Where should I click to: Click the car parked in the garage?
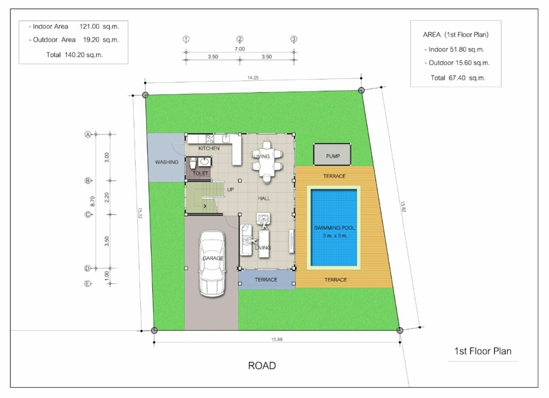pyautogui.click(x=211, y=264)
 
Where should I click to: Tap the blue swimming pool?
pyautogui.click(x=334, y=228)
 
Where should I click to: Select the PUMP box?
pyautogui.click(x=332, y=154)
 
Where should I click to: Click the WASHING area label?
pyautogui.click(x=167, y=162)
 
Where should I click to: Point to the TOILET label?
pyautogui.click(x=200, y=174)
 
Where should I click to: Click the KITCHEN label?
pyautogui.click(x=209, y=148)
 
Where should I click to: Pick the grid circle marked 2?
pyautogui.click(x=240, y=39)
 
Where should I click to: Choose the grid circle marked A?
pyautogui.click(x=88, y=134)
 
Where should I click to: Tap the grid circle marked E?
pyautogui.click(x=88, y=283)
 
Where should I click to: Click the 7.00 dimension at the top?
pyautogui.click(x=240, y=49)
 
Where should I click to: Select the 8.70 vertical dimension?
pyautogui.click(x=93, y=201)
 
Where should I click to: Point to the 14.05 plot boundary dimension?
pyautogui.click(x=253, y=78)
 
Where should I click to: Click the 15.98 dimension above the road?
pyautogui.click(x=277, y=339)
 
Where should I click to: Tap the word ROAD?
pyautogui.click(x=262, y=366)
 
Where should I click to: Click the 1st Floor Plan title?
pyautogui.click(x=483, y=351)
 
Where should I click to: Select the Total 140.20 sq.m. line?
pyautogui.click(x=75, y=55)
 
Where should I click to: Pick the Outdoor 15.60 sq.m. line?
pyautogui.click(x=457, y=63)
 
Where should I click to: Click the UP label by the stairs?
pyautogui.click(x=231, y=189)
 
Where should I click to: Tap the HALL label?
pyautogui.click(x=264, y=198)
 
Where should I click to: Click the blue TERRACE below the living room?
pyautogui.click(x=267, y=279)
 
